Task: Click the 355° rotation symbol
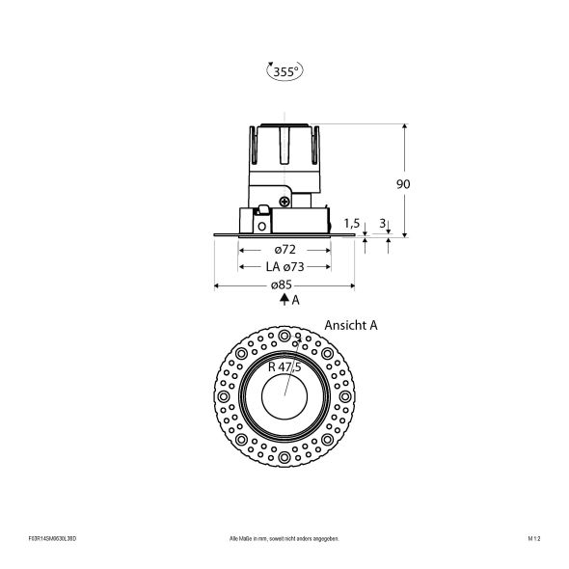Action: coord(284,69)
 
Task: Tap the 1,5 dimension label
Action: coord(352,224)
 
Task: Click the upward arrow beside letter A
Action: coord(284,300)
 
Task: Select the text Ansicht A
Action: coord(350,326)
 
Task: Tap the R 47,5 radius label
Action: coord(284,367)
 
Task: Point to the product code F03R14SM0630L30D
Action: coord(52,538)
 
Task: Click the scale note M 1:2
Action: coord(532,538)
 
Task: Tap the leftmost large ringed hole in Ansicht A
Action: coord(226,394)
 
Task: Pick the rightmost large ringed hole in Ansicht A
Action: coord(343,394)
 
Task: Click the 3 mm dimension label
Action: coord(384,224)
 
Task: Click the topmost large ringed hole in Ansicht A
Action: coord(285,335)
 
